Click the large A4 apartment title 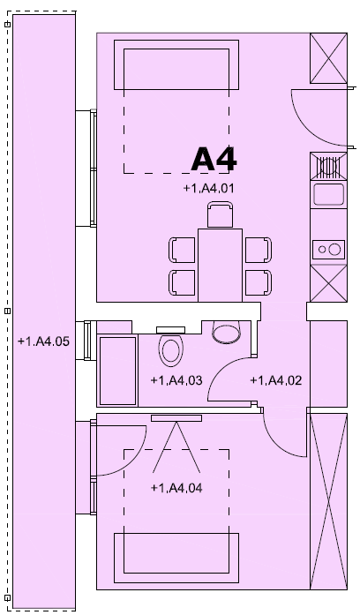(214, 159)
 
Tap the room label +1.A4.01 (208, 189)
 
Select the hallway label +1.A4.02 (275, 380)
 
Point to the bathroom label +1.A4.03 (176, 380)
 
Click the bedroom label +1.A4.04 (176, 488)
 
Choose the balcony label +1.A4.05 (43, 341)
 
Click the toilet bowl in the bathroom (170, 350)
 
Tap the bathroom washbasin (226, 333)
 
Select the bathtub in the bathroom (117, 371)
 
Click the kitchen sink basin (328, 194)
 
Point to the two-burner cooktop (328, 250)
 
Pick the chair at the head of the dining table (220, 214)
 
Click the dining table (220, 265)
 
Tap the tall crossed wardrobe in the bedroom (328, 501)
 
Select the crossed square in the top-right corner (328, 58)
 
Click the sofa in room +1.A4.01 (176, 64)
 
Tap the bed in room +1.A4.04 (176, 558)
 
